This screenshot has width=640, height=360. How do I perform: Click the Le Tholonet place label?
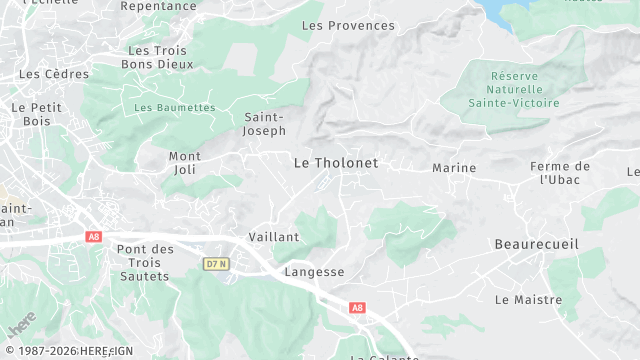click(x=336, y=162)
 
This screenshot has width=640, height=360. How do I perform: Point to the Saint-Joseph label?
click(x=265, y=124)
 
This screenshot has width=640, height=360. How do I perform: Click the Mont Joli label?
click(x=185, y=163)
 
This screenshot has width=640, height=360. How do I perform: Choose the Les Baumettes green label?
click(x=174, y=108)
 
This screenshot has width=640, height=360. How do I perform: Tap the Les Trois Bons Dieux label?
click(x=159, y=57)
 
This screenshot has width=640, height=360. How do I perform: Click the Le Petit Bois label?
click(x=31, y=114)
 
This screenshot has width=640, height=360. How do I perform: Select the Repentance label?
click(x=158, y=6)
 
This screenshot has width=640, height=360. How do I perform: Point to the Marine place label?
click(x=454, y=168)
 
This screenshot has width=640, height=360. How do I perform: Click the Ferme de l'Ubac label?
click(x=561, y=173)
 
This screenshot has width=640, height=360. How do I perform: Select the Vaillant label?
click(x=274, y=237)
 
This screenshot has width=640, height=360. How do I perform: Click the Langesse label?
click(x=314, y=272)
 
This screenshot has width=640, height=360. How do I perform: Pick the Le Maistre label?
click(x=528, y=299)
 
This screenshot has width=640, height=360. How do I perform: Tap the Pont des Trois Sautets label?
click(x=145, y=262)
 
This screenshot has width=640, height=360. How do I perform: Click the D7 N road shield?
click(x=215, y=264)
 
